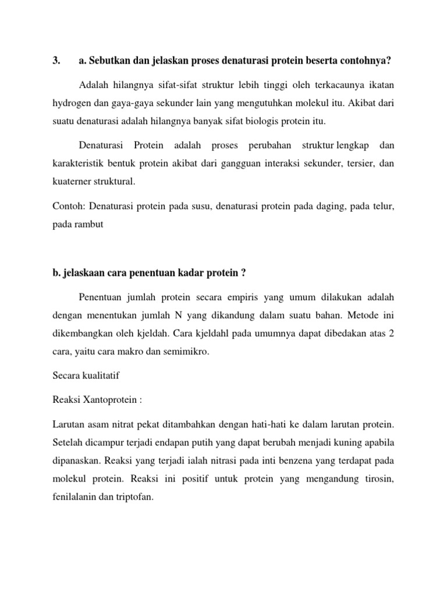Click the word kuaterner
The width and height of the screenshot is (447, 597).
click(72, 181)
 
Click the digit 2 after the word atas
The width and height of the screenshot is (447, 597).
click(391, 334)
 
